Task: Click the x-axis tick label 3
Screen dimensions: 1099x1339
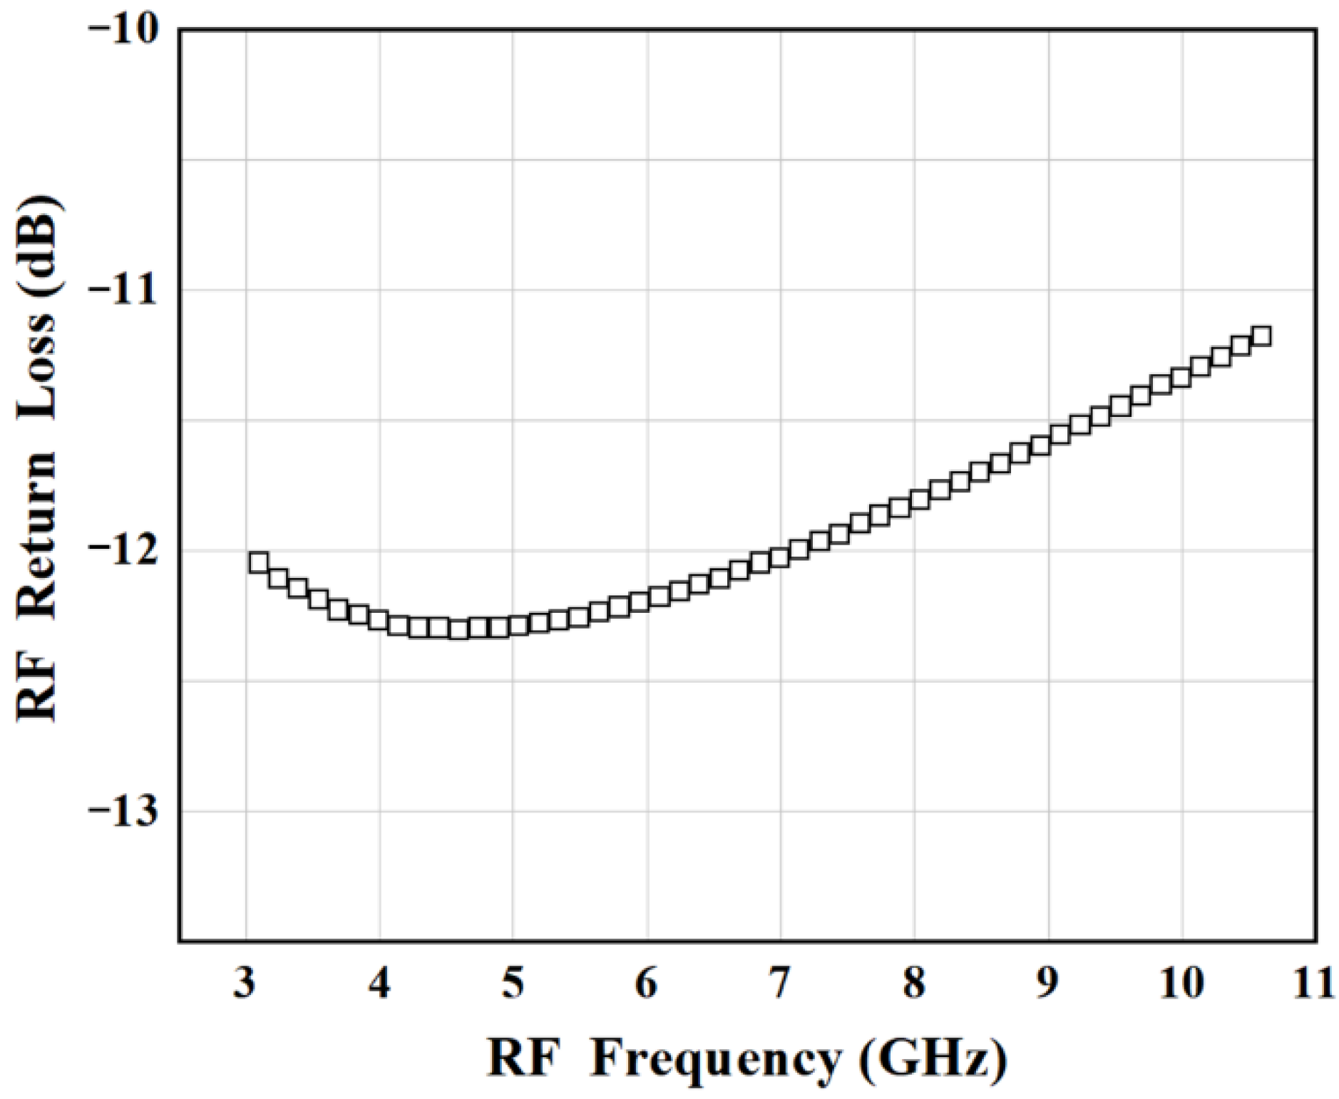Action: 245,984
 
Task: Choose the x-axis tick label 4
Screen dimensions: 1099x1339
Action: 379,984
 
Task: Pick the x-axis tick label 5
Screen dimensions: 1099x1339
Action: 513,984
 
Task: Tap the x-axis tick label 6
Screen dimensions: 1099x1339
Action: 647,984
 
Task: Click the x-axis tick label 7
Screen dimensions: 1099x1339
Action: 781,984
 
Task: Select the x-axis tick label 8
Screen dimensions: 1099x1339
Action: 915,984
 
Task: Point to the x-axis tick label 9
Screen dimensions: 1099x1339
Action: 1048,984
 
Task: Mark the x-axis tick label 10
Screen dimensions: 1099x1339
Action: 1182,984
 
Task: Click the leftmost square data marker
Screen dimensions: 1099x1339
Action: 259,562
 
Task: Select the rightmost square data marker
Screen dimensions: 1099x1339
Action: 1261,336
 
